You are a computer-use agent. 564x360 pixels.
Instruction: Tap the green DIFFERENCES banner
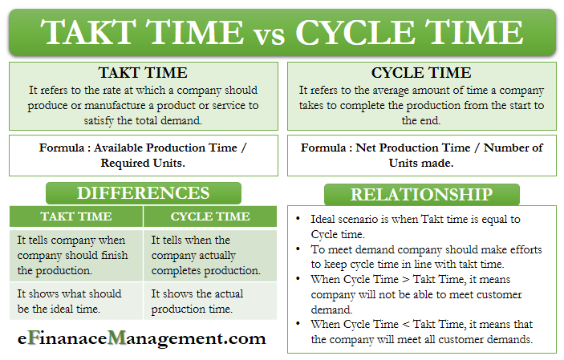[143, 193]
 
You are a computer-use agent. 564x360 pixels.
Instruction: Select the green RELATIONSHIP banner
[420, 194]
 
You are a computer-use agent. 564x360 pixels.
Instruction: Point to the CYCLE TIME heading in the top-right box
[421, 73]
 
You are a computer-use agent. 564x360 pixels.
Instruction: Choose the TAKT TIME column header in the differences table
[76, 216]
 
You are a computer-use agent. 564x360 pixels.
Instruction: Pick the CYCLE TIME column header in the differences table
[210, 216]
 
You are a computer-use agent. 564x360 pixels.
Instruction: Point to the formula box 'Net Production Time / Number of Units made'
[421, 156]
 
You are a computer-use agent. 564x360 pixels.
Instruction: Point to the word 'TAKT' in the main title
[87, 34]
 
